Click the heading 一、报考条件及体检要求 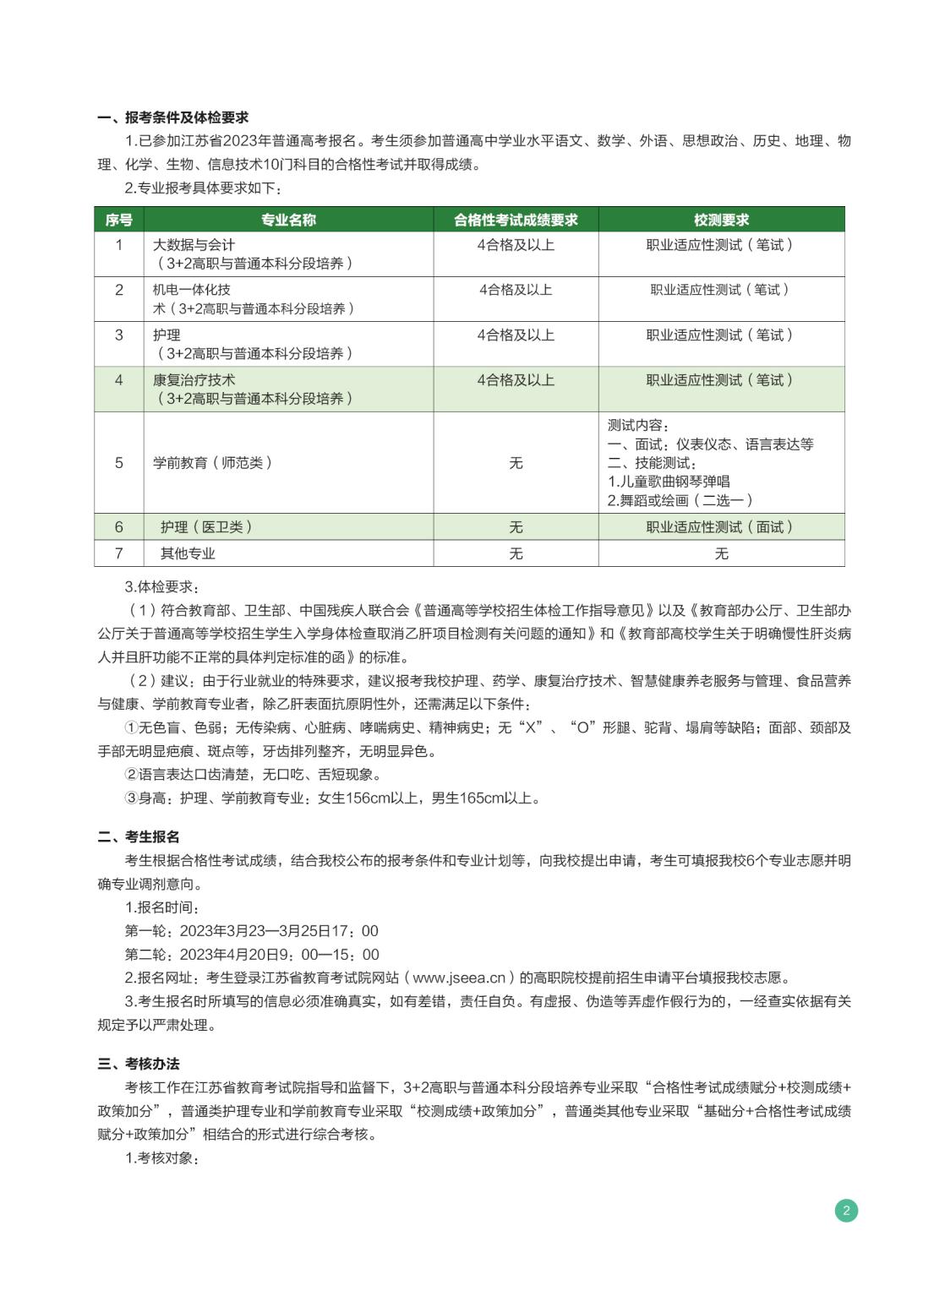pos(173,117)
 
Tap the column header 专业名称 pos(288,220)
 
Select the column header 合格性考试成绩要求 pos(516,220)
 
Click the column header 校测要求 pos(721,220)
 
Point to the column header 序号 pos(118,220)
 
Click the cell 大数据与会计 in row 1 pos(194,245)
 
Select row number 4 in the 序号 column pos(118,380)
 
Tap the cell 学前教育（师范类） pos(213,463)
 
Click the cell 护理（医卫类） pos(206,527)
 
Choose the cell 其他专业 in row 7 pos(188,553)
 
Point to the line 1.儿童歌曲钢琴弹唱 pos(669,482)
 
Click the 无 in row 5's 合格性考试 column pos(516,463)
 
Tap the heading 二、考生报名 pos(139,836)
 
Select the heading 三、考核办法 pos(139,1064)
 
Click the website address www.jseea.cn pos(459,978)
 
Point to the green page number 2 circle pos(846,1211)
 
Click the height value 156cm pos(362,798)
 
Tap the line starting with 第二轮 pos(252,955)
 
